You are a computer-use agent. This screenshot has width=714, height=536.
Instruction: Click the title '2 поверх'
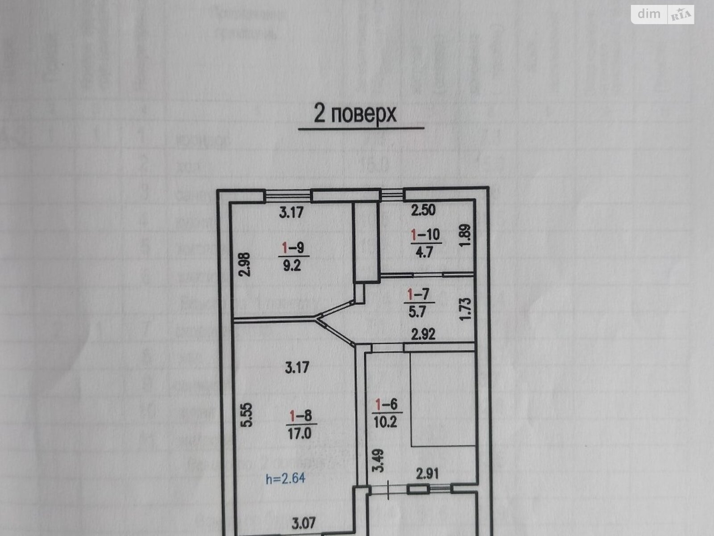355,114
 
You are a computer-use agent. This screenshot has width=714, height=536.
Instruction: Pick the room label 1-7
418,294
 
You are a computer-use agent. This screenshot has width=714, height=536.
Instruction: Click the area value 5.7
418,312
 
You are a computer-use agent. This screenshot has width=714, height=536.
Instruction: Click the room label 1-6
386,405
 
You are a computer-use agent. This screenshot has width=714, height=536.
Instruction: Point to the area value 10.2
386,423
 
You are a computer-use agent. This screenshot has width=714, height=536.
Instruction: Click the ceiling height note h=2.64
286,479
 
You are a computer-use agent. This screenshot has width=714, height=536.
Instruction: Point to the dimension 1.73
465,307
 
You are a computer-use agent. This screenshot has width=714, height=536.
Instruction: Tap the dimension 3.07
303,523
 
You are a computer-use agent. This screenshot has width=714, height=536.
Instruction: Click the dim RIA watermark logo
662,15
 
